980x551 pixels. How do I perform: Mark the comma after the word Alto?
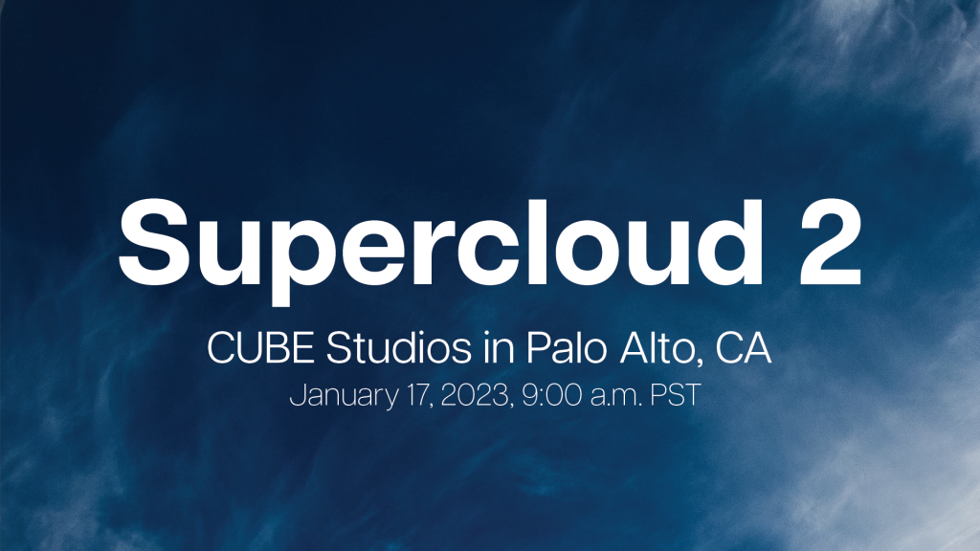coord(705,363)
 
